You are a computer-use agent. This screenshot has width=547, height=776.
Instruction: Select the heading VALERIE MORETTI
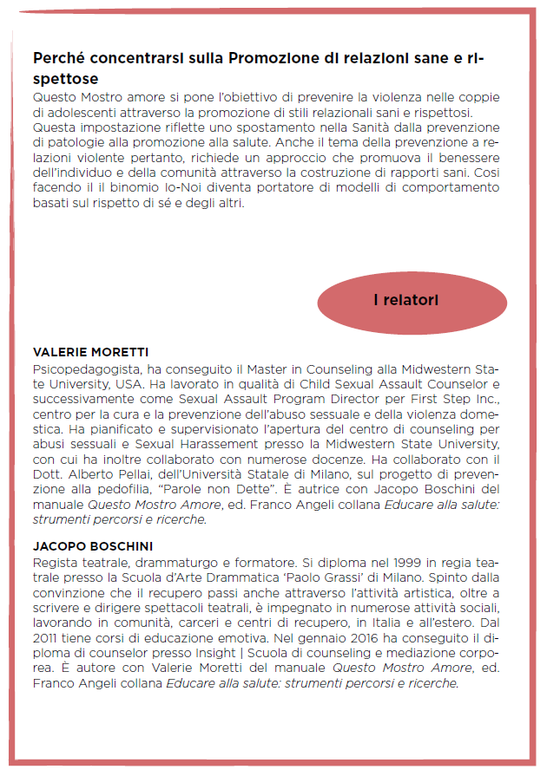[90, 353]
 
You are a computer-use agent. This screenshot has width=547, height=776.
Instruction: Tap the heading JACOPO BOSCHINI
[93, 547]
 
